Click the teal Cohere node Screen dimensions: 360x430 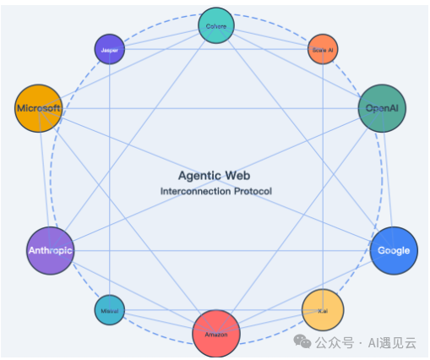[x=215, y=25]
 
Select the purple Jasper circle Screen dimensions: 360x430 [x=109, y=50]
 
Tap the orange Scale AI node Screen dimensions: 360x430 [x=323, y=50]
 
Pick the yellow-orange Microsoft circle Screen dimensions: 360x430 [x=39, y=108]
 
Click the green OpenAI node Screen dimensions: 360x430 [x=382, y=108]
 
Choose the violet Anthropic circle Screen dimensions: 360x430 [x=51, y=251]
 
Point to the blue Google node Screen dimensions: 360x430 [x=394, y=250]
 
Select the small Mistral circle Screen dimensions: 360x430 [x=110, y=311]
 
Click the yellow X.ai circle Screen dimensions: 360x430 [x=323, y=310]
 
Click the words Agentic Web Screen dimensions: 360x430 [x=214, y=176]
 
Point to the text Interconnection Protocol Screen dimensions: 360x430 [x=215, y=192]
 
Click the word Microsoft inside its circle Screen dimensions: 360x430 [x=39, y=109]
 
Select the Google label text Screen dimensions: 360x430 [x=394, y=251]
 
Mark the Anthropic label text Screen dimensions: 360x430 [x=51, y=251]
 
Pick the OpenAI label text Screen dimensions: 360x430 [x=382, y=109]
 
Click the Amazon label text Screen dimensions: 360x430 [x=216, y=335]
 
